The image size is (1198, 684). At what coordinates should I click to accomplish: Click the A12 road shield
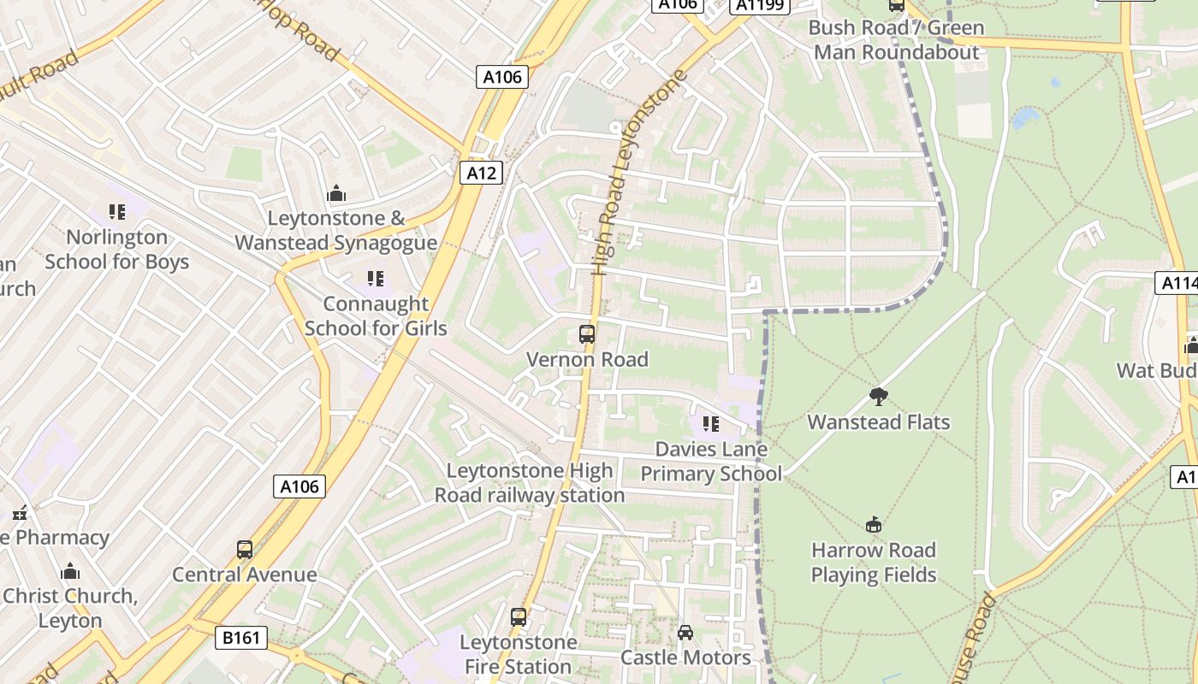coord(481,173)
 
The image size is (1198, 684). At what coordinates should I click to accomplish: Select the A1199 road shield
coord(759,6)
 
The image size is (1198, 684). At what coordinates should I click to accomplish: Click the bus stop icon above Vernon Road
coord(587,334)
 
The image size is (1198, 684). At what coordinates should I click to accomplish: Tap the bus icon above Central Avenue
coord(245,550)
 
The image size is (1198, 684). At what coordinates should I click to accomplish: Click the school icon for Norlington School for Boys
coord(117,212)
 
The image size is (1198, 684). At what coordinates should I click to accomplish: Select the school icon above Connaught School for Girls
coord(375,279)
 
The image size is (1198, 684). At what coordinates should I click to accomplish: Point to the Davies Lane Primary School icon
coord(710,424)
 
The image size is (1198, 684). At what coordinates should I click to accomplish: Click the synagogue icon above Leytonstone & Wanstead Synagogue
coord(336,193)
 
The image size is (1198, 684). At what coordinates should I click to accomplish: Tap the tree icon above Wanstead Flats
coord(878,396)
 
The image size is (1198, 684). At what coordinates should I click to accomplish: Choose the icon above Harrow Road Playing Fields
coord(874,524)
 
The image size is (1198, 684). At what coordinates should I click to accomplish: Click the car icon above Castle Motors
coord(685,633)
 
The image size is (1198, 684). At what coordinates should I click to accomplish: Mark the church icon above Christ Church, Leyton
coord(70,571)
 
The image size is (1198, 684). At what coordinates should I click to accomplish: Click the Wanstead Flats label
coord(879,422)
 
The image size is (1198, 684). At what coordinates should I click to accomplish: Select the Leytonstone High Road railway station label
coord(530,483)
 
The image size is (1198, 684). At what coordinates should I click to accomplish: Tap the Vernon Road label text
coord(587,360)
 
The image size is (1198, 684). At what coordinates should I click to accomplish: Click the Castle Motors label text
coord(685,657)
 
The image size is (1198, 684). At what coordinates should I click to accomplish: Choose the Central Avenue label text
coord(245,575)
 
